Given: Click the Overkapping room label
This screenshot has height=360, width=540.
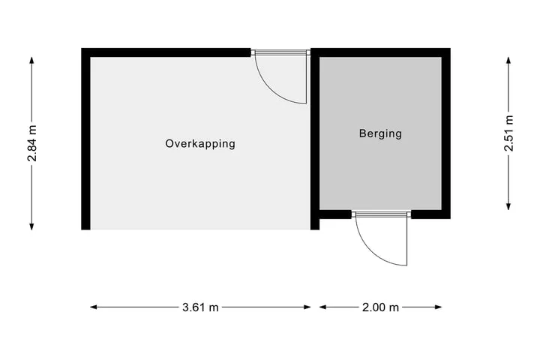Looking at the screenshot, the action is pos(200,144).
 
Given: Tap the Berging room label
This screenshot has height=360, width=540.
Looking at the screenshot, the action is pos(380,133).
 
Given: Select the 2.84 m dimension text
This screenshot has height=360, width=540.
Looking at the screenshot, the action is pos(32,144).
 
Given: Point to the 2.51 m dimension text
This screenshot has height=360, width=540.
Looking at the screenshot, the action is pos(508,133).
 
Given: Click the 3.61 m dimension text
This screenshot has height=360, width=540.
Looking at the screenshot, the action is pos(200,307).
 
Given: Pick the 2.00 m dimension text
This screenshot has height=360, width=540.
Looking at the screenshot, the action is pos(380,307).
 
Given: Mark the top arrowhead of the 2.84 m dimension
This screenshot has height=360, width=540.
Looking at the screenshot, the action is pos(31,60).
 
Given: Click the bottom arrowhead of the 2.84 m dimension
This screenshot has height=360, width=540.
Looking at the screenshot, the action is pos(31,226).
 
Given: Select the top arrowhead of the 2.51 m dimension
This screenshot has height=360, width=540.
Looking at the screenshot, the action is pos(508,60).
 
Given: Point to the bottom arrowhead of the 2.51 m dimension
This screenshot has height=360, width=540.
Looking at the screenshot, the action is pos(508,206).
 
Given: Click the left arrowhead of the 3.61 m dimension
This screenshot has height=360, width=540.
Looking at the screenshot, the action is pos(94,307).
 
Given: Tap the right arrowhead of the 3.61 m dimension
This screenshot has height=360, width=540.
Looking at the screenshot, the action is pos(307,307).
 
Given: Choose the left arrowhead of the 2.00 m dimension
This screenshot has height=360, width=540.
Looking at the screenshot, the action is pos(323,307).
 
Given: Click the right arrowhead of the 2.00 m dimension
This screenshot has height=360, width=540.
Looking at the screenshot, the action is pos(438,307).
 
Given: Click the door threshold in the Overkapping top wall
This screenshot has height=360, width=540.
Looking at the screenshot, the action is pos(280,52).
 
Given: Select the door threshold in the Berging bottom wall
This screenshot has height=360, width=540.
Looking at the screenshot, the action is pos(381,214).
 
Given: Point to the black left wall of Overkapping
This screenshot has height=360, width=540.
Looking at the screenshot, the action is pos(85,139).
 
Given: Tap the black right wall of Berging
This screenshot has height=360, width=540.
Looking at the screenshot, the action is pos(446,133).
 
